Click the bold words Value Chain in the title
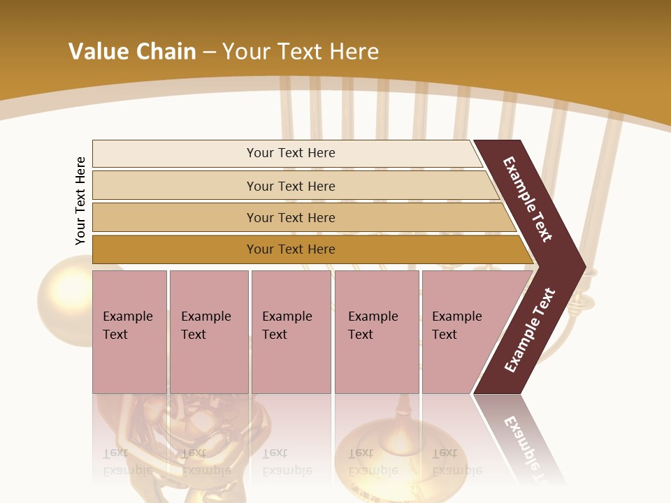point(132,51)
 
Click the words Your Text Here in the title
point(301,51)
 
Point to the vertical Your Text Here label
point(80,201)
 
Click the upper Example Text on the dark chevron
point(528,199)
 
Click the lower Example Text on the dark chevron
point(530,330)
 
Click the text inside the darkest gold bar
point(291,249)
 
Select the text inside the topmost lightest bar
point(291,153)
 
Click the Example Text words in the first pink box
point(127,326)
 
